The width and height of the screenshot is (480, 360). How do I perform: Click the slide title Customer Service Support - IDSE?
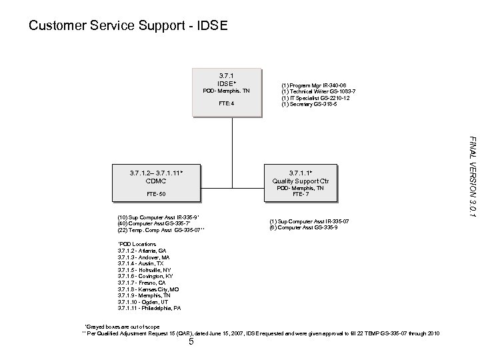tap(129, 27)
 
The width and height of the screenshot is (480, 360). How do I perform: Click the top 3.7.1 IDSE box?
tap(227, 92)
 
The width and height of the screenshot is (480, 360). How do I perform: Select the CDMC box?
tap(157, 183)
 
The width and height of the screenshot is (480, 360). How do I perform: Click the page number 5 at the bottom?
tap(191, 343)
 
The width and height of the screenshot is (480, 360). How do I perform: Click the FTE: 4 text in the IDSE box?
tap(227, 104)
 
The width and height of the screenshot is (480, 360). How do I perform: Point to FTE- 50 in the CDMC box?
tap(157, 194)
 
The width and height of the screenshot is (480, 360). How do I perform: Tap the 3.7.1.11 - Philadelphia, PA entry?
tap(148, 309)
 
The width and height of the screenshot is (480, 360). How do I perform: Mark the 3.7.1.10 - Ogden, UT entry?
tap(143, 302)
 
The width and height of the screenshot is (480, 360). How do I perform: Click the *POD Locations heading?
tap(137, 245)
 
